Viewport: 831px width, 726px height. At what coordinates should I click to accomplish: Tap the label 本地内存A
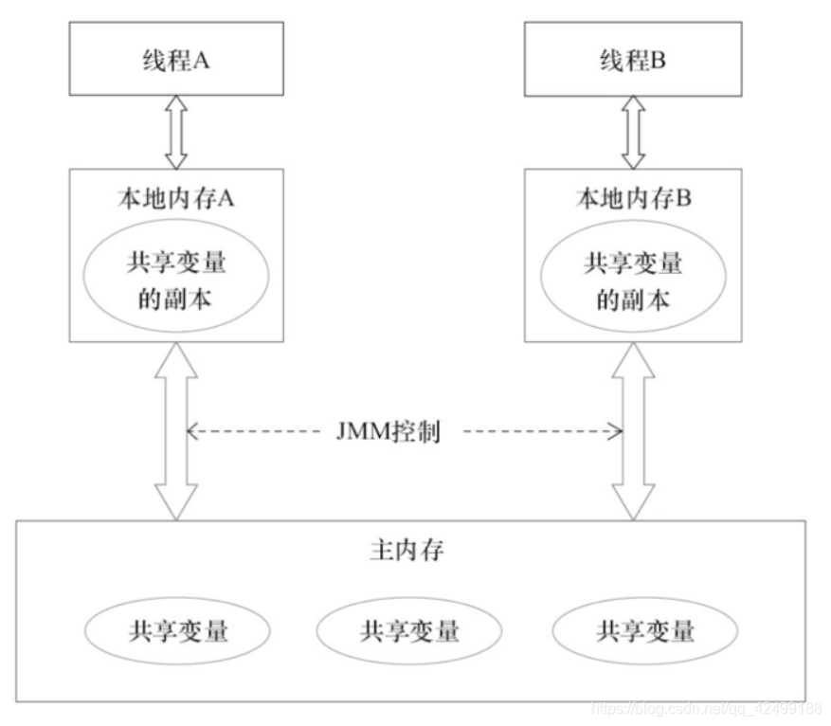(x=177, y=201)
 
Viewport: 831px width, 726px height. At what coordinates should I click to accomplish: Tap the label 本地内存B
(x=632, y=201)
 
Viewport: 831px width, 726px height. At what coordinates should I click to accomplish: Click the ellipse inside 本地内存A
(x=176, y=280)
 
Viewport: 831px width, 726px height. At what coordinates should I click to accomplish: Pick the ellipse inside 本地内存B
(x=632, y=280)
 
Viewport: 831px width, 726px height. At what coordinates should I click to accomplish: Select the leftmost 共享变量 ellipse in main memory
(x=177, y=630)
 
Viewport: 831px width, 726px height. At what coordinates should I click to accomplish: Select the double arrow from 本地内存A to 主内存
(x=176, y=431)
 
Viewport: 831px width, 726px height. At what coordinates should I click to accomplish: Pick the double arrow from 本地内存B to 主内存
(x=632, y=431)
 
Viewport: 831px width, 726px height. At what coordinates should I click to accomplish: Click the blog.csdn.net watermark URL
(x=706, y=708)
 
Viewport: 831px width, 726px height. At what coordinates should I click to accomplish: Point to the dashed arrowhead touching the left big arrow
(x=191, y=433)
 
